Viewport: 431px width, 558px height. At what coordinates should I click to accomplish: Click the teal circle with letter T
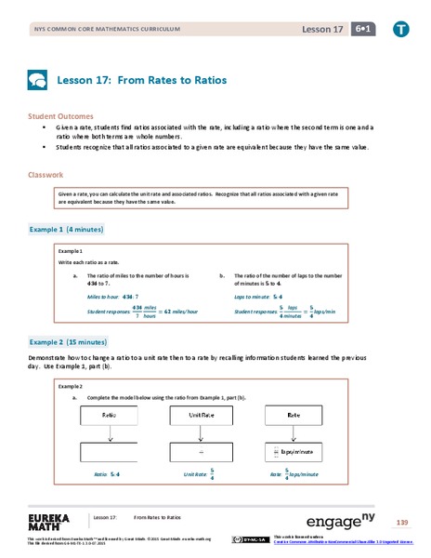[399, 28]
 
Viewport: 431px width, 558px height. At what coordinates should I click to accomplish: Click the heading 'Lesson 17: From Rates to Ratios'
[142, 81]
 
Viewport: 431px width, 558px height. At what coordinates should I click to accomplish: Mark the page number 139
[400, 521]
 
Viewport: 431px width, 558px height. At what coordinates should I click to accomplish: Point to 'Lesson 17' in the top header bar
[321, 29]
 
